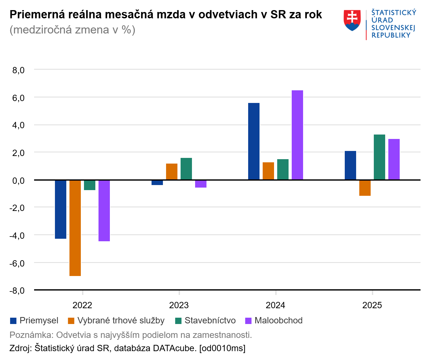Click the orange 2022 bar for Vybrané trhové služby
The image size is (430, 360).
pos(75,228)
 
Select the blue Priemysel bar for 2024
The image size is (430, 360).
pos(254,141)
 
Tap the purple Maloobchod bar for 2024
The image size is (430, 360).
pos(297,135)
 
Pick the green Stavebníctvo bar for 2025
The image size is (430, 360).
pos(379,157)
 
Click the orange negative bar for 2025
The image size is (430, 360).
pos(365,188)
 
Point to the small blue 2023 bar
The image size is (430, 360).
pos(157,183)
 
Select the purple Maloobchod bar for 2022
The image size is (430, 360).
pos(104,211)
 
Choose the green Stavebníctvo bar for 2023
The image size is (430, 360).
pos(186,169)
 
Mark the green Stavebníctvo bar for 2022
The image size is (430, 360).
pos(90,185)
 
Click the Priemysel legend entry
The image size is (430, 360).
pos(34,321)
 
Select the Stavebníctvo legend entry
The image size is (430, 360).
pos(206,321)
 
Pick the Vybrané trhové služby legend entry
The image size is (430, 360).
pos(116,321)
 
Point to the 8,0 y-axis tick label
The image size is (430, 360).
pos(18,70)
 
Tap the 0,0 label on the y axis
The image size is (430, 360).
pos(18,181)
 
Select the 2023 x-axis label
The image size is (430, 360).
pos(179,305)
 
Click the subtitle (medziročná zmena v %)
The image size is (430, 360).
pos(73,30)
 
